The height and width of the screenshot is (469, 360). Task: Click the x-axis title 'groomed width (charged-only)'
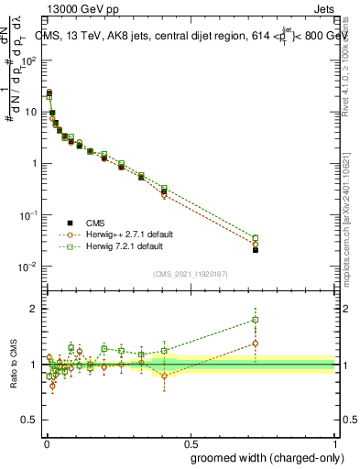(x=263, y=456)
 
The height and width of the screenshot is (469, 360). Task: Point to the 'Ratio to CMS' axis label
(x=13, y=364)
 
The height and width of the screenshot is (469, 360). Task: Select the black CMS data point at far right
(x=256, y=250)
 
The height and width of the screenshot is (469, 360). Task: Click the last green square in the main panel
(x=256, y=238)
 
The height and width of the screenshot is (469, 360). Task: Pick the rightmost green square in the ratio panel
(x=256, y=320)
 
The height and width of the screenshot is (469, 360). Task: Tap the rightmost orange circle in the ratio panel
(x=256, y=344)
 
